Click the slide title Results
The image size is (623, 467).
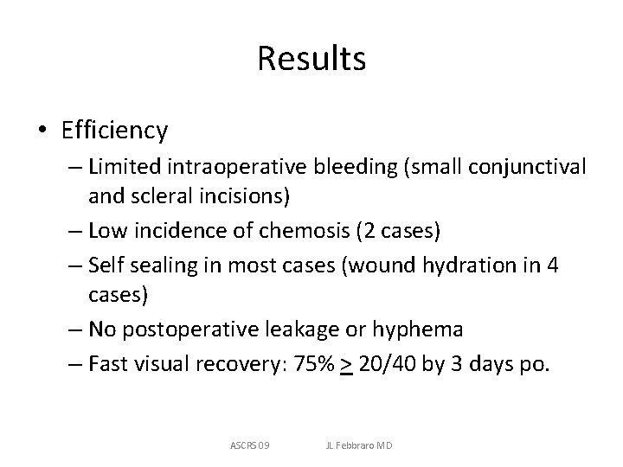click(311, 59)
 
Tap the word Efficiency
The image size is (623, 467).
click(115, 131)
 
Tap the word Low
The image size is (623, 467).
click(104, 231)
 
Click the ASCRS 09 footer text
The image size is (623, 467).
click(250, 445)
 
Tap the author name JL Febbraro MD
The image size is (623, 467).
click(360, 445)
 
